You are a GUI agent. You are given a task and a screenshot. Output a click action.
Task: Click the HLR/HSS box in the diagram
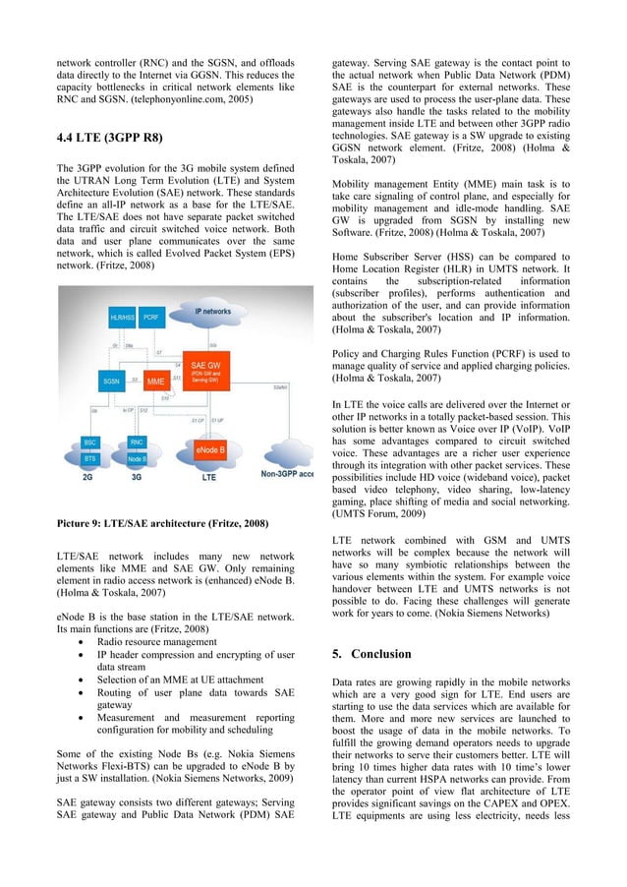pyautogui.click(x=123, y=318)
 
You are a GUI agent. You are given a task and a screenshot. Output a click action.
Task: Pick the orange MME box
pyautogui.click(x=155, y=380)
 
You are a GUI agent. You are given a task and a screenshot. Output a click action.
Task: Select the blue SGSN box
pyautogui.click(x=111, y=380)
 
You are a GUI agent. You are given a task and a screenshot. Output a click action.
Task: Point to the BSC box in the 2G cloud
pyautogui.click(x=90, y=443)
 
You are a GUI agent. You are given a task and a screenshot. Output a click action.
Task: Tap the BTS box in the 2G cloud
pyautogui.click(x=90, y=458)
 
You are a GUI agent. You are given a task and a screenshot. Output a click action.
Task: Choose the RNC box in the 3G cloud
pyautogui.click(x=137, y=443)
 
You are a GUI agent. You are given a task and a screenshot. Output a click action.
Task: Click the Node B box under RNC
pyautogui.click(x=137, y=458)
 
